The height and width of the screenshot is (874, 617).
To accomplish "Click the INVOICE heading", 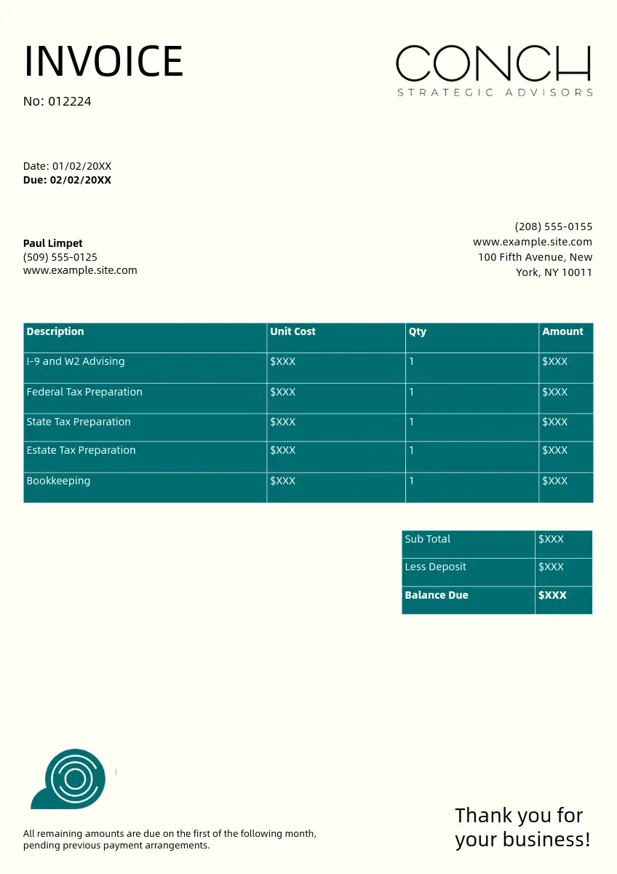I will [103, 61].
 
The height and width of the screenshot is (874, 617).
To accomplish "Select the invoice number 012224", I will [70, 102].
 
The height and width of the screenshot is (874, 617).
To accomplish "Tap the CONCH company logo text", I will [493, 64].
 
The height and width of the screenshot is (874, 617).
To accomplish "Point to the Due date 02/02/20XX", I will [80, 180].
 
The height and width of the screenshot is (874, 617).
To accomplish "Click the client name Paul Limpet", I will [53, 243].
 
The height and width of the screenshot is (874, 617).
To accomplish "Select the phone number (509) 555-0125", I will [60, 257].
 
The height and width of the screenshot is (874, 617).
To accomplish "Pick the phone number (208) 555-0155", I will [553, 227].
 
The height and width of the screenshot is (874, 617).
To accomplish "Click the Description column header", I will [55, 331].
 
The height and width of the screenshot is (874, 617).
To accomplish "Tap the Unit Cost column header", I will [292, 331].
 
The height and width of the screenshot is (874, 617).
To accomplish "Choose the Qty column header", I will [417, 331].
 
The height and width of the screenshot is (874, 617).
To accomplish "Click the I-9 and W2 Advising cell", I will [76, 361].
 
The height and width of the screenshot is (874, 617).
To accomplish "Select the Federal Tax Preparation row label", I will [84, 392].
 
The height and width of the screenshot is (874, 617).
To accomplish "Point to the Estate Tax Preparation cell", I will [81, 450].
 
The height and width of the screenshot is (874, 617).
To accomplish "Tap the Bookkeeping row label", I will [58, 481].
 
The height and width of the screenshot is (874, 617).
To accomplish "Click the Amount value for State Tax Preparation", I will [554, 422].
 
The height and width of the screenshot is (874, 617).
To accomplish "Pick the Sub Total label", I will [428, 539].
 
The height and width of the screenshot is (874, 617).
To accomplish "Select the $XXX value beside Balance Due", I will [552, 595].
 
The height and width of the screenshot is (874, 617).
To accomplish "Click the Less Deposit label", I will [436, 567].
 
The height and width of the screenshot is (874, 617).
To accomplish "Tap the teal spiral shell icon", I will [73, 779].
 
